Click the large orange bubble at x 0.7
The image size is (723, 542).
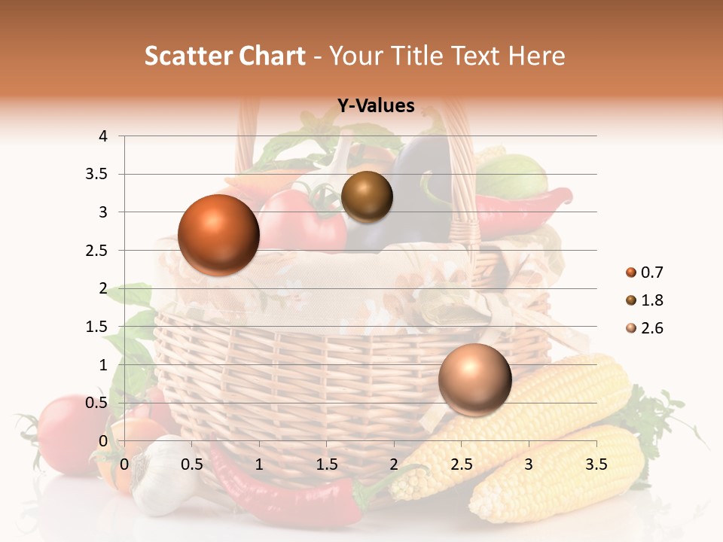218,235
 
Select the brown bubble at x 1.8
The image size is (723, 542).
367,196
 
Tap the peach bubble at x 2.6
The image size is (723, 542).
474,379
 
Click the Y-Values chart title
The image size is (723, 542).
376,106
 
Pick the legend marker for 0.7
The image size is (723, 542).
630,273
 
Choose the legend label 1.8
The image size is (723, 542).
652,300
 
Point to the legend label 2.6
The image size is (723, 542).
652,328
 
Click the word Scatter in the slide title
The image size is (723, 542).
186,56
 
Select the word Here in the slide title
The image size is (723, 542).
536,56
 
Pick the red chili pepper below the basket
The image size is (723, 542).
286,497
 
